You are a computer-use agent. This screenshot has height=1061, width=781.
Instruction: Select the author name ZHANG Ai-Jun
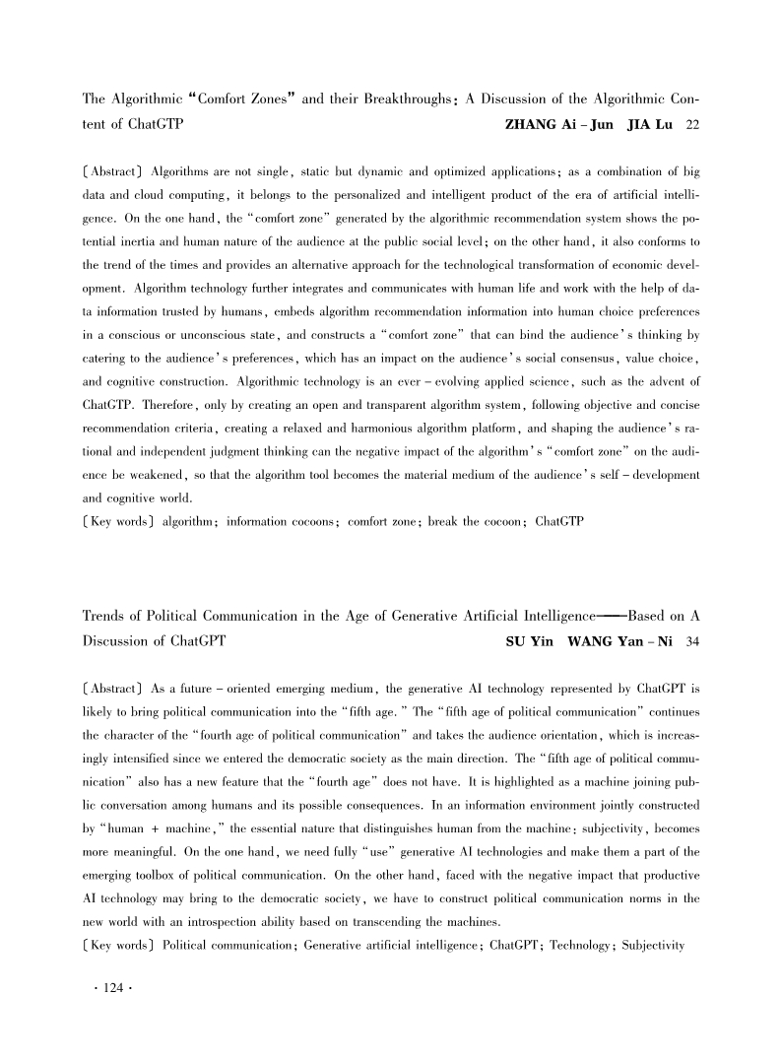(558, 121)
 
